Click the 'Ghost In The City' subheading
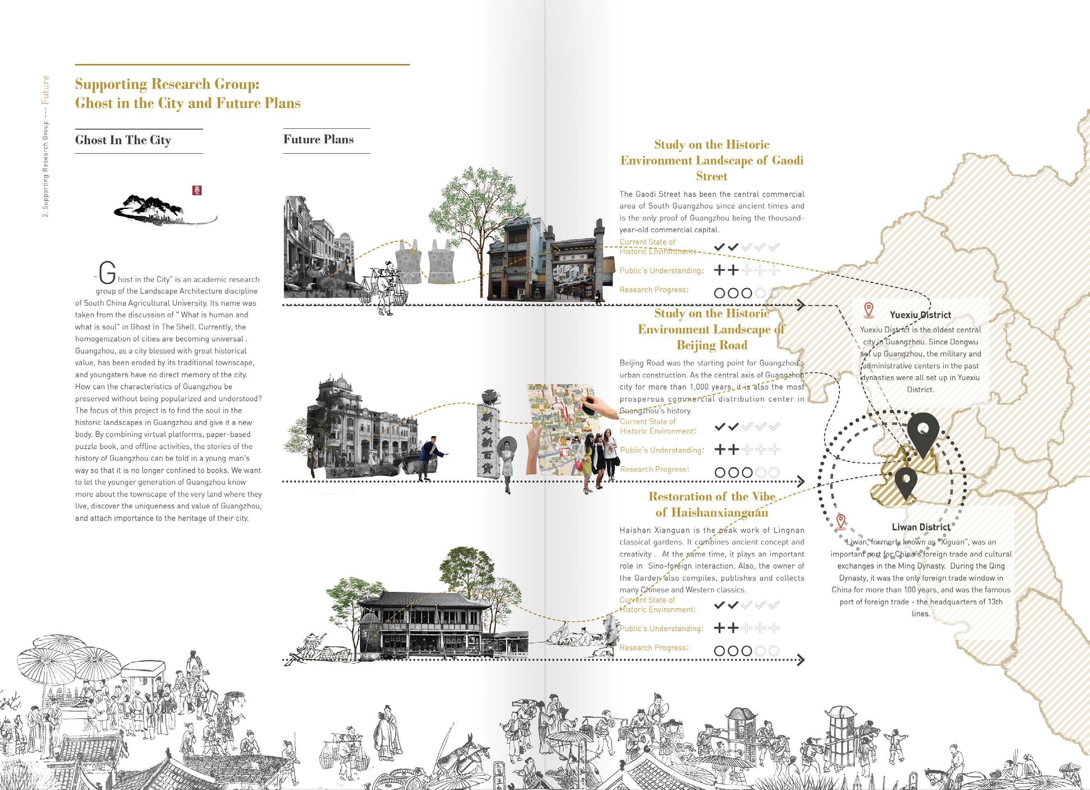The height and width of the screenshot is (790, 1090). pyautogui.click(x=123, y=140)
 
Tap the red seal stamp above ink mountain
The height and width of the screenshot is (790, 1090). pyautogui.click(x=197, y=190)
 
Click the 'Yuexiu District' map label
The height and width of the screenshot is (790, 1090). pyautogui.click(x=920, y=315)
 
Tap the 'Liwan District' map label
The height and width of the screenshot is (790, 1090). pyautogui.click(x=921, y=527)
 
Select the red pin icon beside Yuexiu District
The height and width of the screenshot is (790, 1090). pyautogui.click(x=868, y=310)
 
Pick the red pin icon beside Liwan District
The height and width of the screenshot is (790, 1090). pyautogui.click(x=841, y=522)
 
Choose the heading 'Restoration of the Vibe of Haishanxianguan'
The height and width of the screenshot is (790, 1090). pyautogui.click(x=711, y=504)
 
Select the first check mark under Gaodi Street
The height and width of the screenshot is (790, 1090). pyautogui.click(x=719, y=247)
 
